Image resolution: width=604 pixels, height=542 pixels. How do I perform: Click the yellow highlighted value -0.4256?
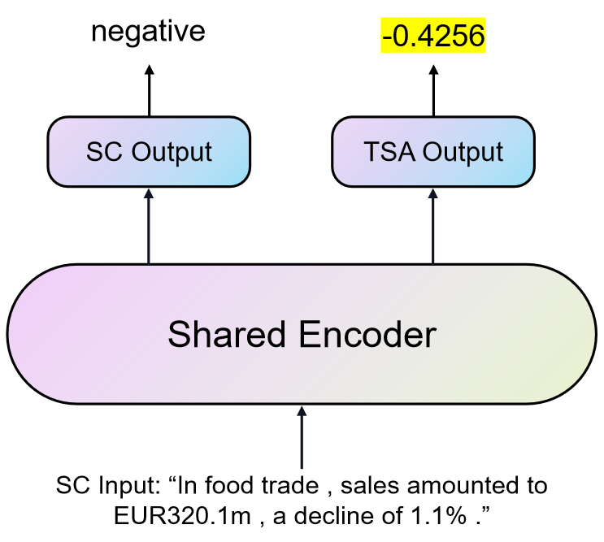pyautogui.click(x=432, y=37)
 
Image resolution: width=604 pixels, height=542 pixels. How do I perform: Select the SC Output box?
pyautogui.click(x=149, y=152)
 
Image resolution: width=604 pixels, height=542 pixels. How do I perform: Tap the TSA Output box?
pyautogui.click(x=433, y=152)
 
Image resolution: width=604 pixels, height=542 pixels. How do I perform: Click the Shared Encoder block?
pyautogui.click(x=302, y=334)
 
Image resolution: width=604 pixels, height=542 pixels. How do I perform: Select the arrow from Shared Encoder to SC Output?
pyautogui.click(x=149, y=228)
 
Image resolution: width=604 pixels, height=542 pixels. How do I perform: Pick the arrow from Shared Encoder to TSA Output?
pyautogui.click(x=432, y=228)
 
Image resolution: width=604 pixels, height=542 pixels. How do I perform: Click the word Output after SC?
pyautogui.click(x=172, y=152)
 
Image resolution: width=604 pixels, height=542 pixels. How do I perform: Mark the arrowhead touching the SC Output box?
pyautogui.click(x=149, y=193)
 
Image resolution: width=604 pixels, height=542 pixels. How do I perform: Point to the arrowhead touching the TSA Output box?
pyautogui.click(x=432, y=193)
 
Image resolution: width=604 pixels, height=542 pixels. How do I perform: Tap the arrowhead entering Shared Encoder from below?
pyautogui.click(x=302, y=410)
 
